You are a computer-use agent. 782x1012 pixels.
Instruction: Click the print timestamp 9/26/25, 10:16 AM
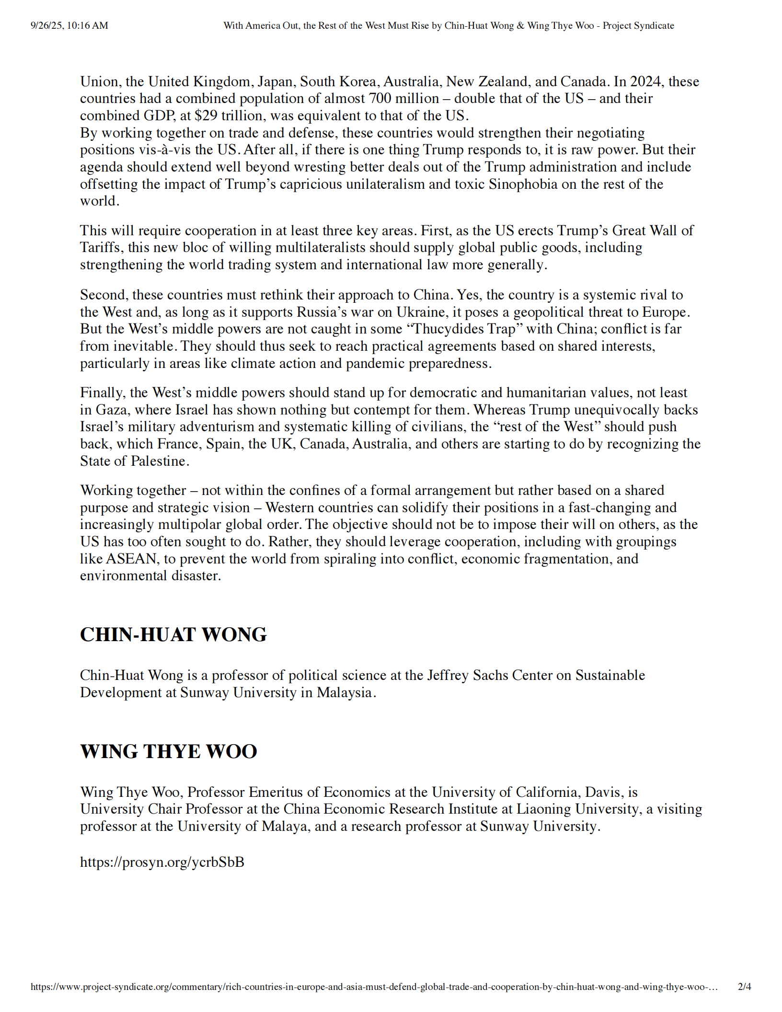[x=69, y=25]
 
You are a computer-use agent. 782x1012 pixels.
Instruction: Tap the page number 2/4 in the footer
[x=744, y=987]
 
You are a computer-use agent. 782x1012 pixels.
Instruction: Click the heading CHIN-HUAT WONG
[x=173, y=634]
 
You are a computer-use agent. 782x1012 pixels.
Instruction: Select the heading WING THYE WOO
[x=168, y=751]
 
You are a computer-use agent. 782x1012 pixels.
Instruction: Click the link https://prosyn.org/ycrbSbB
[x=162, y=862]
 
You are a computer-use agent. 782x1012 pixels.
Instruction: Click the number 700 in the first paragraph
[x=380, y=98]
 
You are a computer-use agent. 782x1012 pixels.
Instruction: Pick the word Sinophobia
[x=523, y=184]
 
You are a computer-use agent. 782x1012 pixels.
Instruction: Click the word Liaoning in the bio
[x=544, y=809]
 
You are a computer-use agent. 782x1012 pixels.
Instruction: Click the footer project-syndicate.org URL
[x=374, y=987]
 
